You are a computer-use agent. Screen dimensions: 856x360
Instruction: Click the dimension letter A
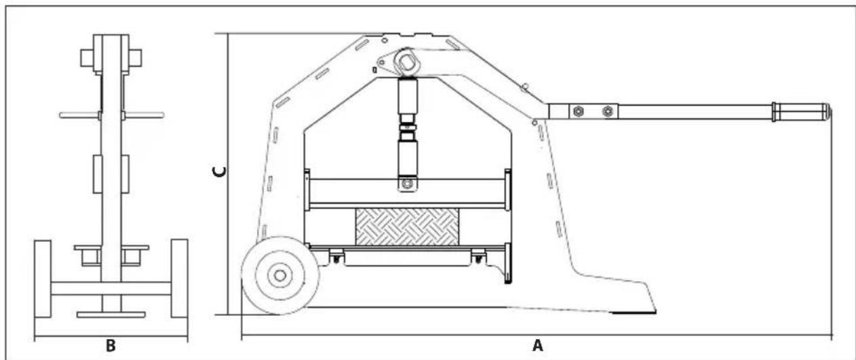pos(538,346)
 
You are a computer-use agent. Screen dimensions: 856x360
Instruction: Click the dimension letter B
pos(111,346)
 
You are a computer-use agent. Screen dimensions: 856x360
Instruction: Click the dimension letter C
pos(219,172)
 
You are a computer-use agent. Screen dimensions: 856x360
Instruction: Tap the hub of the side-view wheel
pos(280,275)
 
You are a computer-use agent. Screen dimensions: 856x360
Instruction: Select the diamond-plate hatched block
pos(408,226)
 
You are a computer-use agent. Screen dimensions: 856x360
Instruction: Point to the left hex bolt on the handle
pos(578,112)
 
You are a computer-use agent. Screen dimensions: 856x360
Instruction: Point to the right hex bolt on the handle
pos(608,112)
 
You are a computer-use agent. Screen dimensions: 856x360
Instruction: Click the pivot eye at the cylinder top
pos(407,62)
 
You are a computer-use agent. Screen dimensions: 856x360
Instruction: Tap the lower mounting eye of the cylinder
pos(408,184)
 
